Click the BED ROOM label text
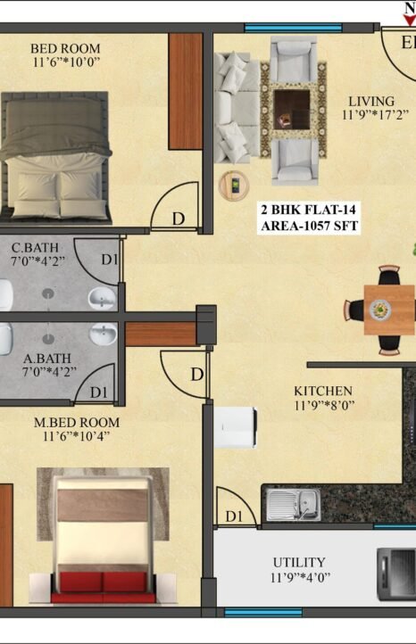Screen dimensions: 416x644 click(65, 48)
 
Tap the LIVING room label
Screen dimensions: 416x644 click(371, 101)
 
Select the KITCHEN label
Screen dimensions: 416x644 click(323, 391)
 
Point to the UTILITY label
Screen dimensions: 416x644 click(299, 562)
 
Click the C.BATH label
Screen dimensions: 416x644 click(35, 248)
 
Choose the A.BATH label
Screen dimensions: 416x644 click(47, 359)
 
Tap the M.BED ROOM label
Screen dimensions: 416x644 click(77, 422)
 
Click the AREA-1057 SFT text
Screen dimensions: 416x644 click(309, 226)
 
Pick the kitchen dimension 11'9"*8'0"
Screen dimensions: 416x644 click(324, 405)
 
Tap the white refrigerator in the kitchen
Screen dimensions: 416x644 click(236, 427)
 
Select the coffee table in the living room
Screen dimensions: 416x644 click(292, 109)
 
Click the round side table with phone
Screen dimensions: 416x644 click(234, 186)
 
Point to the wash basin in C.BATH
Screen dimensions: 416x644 click(103, 298)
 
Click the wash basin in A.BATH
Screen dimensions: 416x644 click(104, 334)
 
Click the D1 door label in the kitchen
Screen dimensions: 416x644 click(234, 516)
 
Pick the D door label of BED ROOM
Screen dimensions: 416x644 click(179, 219)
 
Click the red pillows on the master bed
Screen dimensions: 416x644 click(103, 582)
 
